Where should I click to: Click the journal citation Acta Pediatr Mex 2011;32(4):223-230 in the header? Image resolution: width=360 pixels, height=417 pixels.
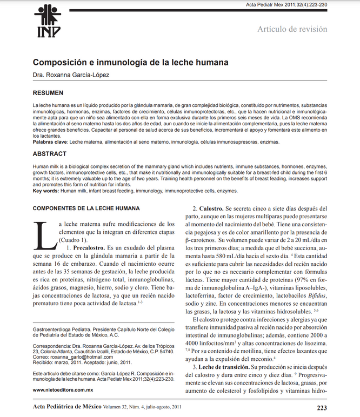(x=286, y=4)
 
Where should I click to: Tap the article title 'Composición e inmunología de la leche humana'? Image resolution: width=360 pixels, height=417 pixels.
(x=130, y=63)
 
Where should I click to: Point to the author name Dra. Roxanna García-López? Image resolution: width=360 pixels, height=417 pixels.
(x=71, y=75)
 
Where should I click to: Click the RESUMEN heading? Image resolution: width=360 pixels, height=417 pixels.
(x=48, y=93)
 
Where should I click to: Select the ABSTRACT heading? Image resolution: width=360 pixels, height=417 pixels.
(x=50, y=154)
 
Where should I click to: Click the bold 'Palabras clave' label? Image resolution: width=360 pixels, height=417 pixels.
(x=50, y=142)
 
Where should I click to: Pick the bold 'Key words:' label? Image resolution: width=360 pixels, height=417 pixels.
(x=46, y=191)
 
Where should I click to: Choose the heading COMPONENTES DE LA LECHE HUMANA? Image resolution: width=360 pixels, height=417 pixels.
(x=86, y=208)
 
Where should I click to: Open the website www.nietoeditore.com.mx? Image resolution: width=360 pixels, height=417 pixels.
(x=63, y=389)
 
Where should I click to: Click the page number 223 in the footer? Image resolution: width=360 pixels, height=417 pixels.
(x=321, y=408)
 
